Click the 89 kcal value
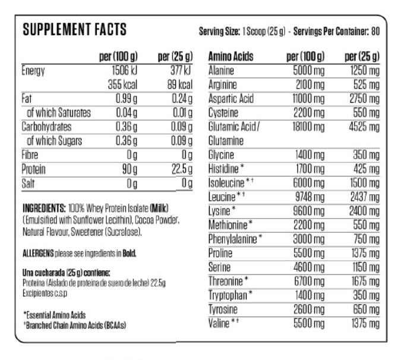[180, 84]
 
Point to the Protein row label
[34, 169]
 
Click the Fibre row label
[31, 155]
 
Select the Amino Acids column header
[231, 57]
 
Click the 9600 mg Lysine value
[308, 211]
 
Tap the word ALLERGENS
[37, 253]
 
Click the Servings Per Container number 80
[375, 31]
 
